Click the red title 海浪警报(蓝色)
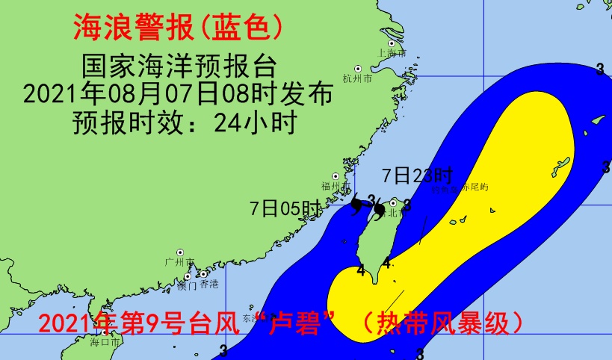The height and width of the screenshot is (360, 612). point(178,28)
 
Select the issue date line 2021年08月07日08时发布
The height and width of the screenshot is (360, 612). point(178,94)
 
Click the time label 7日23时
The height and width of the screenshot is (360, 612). point(417,176)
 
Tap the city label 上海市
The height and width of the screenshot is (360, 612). point(392,54)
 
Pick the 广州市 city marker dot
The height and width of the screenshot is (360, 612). point(180,252)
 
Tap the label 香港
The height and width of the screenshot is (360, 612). point(210,284)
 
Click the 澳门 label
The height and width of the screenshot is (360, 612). point(187,285)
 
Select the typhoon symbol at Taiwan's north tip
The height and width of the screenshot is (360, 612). point(380,211)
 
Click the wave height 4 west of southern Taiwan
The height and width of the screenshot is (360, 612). point(361,270)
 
